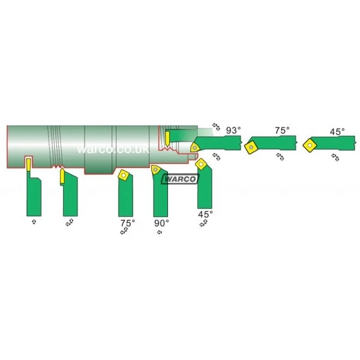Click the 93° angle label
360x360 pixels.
233,130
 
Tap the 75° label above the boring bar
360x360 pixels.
282,130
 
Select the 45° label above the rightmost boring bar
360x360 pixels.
337,132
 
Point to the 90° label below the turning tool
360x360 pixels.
161,223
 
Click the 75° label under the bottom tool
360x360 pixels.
128,223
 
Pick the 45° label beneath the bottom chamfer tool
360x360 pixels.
205,214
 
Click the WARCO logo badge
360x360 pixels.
180,179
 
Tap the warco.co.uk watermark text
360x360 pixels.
113,149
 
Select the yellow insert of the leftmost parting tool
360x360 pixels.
28,165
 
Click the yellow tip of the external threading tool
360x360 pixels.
62,176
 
